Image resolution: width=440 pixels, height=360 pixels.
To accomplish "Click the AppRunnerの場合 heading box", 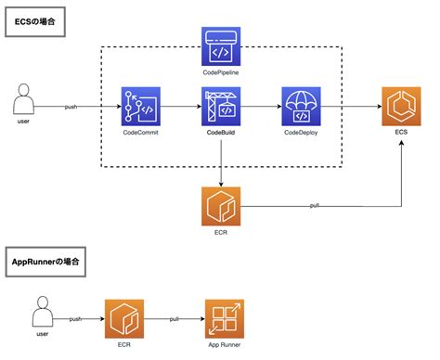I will point(45,262).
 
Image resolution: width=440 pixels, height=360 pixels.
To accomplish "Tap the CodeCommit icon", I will point(141,107).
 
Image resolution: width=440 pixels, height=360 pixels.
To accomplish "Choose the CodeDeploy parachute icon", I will point(301,107).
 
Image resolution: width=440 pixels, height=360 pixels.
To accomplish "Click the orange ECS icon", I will point(400,107).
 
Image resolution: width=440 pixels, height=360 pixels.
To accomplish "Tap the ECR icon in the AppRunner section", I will point(124,318).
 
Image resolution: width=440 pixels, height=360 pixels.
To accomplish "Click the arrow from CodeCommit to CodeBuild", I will point(181,107).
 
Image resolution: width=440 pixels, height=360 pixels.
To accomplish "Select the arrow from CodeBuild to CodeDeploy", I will point(261,107).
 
